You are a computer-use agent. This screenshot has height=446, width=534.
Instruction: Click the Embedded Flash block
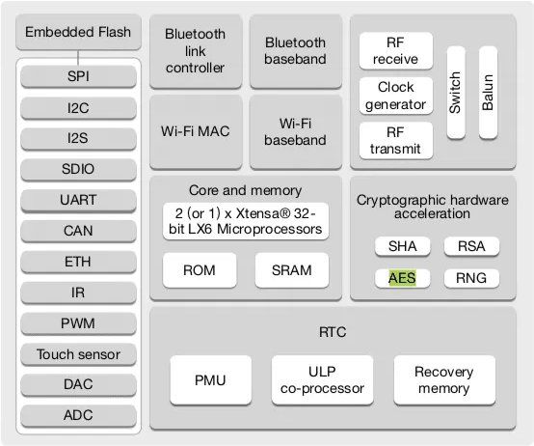click(78, 32)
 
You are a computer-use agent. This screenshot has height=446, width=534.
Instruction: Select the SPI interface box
click(78, 76)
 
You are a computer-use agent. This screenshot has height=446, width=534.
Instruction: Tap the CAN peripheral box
click(78, 231)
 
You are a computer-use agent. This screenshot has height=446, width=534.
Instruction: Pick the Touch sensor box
click(78, 354)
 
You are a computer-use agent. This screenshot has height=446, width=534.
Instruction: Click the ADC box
click(78, 415)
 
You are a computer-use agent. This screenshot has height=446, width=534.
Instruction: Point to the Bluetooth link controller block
click(196, 51)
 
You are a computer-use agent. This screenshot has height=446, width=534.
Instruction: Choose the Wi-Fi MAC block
click(196, 131)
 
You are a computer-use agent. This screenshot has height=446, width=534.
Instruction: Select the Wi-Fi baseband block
click(296, 131)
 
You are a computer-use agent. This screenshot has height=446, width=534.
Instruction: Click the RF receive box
click(396, 51)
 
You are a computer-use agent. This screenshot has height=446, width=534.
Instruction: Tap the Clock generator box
click(396, 96)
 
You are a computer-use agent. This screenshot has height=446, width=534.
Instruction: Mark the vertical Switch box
click(456, 93)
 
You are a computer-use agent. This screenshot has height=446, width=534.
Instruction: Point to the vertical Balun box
click(488, 93)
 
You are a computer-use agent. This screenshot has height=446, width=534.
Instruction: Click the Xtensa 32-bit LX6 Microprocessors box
click(246, 221)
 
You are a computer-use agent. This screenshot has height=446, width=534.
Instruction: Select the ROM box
click(200, 270)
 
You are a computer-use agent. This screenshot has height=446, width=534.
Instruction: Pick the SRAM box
click(292, 270)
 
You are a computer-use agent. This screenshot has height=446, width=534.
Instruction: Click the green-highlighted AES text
click(402, 278)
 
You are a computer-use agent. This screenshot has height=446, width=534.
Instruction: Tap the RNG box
click(471, 278)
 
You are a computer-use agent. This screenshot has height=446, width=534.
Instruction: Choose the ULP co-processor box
click(322, 380)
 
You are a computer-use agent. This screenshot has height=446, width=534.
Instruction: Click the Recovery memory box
click(444, 380)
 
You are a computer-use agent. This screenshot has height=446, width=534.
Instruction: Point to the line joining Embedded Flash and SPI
click(78, 58)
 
